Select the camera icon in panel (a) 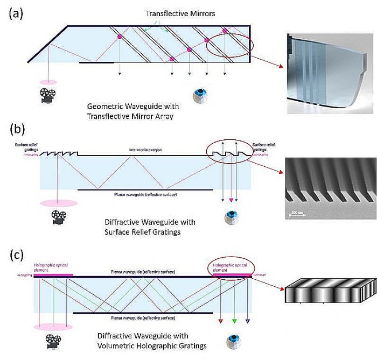point(47,95)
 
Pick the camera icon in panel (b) point(60,217)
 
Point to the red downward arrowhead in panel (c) point(220,322)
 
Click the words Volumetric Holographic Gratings point(161,345)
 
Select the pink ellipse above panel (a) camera point(47,82)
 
